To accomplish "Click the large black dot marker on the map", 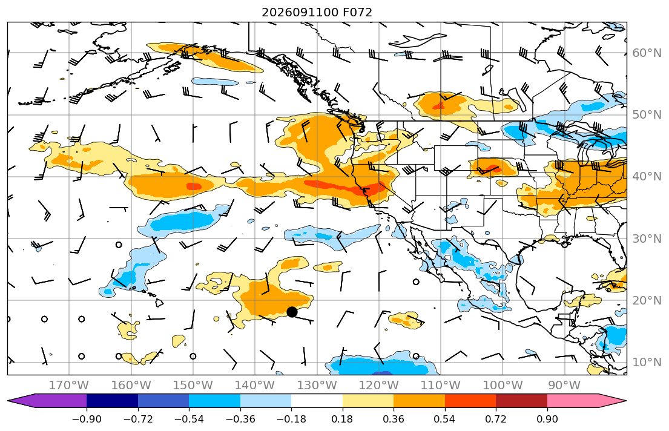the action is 292,312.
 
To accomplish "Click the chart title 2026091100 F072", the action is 317,12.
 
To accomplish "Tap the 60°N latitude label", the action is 647,53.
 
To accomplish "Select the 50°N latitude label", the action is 647,115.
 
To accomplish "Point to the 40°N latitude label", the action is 647,177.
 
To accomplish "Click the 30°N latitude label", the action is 647,239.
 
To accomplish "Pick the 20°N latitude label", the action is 647,300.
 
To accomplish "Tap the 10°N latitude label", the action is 647,363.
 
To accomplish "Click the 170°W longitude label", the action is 69,386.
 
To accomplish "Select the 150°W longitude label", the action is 193,386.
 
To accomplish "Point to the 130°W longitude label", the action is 317,386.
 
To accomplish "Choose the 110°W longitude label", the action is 441,386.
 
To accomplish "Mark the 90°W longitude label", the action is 564,386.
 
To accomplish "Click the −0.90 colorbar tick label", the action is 87,419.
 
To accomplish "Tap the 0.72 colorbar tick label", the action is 496,419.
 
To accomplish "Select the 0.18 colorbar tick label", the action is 342,419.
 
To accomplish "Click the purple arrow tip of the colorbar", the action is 8,401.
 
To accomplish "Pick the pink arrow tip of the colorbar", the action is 625,401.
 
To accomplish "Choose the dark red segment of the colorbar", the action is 521,401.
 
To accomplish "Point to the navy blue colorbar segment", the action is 112,401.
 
